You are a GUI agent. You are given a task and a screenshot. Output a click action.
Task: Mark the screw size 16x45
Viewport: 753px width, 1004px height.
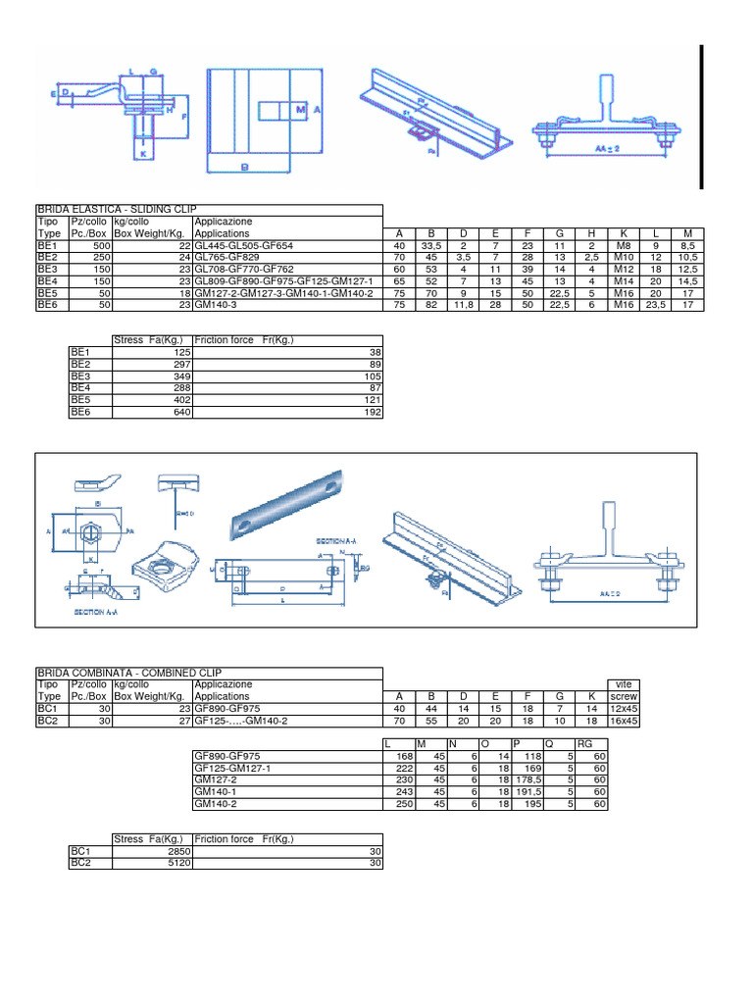[623, 719]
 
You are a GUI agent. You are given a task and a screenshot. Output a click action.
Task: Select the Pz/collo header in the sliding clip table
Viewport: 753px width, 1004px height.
[89, 223]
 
